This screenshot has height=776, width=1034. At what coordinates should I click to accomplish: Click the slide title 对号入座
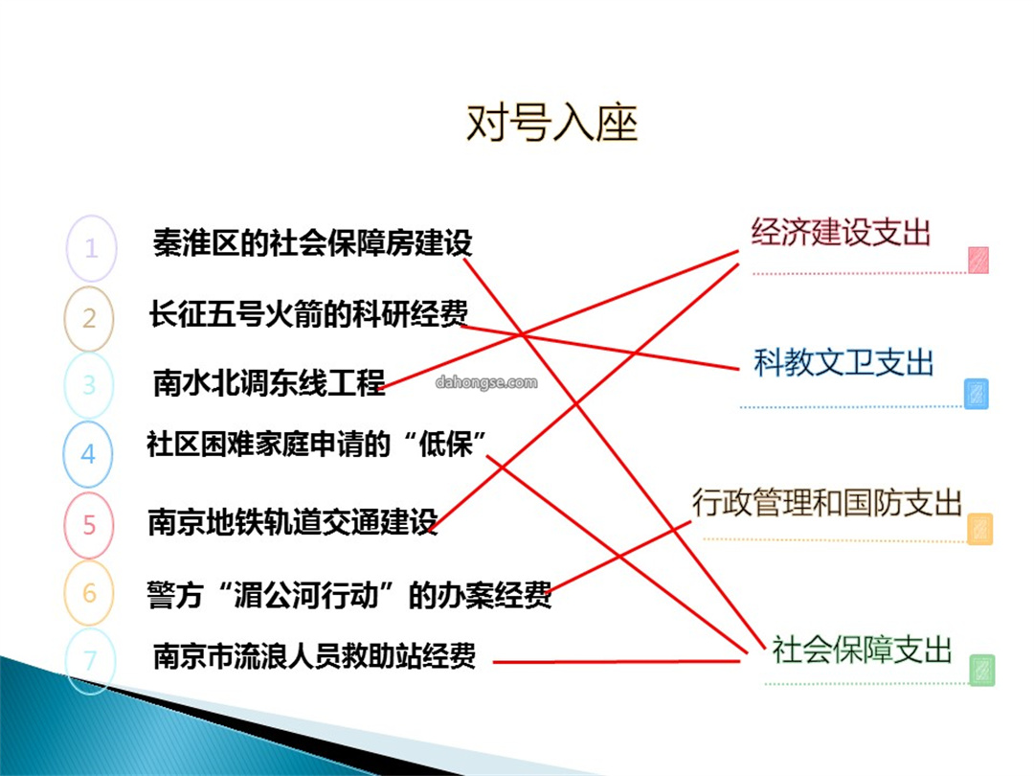552,124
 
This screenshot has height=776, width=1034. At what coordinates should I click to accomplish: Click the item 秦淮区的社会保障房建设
312,242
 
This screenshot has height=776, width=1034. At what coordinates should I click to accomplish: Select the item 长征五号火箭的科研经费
308,313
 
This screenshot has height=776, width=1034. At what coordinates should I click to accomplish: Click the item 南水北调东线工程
269,382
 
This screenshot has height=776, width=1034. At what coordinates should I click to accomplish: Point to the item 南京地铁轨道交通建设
293,521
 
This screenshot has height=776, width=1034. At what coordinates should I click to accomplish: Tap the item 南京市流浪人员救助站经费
315,656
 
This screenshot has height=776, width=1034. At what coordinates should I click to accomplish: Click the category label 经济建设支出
841,232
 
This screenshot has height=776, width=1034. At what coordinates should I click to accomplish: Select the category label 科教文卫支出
843,362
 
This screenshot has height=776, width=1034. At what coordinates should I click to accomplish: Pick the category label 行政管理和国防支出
827,503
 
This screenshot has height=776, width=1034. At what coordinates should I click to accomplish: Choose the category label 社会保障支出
862,650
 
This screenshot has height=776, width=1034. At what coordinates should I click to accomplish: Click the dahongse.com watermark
486,382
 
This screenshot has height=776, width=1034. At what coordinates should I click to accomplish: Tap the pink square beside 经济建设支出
978,260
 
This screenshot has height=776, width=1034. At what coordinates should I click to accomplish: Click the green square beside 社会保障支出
982,670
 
